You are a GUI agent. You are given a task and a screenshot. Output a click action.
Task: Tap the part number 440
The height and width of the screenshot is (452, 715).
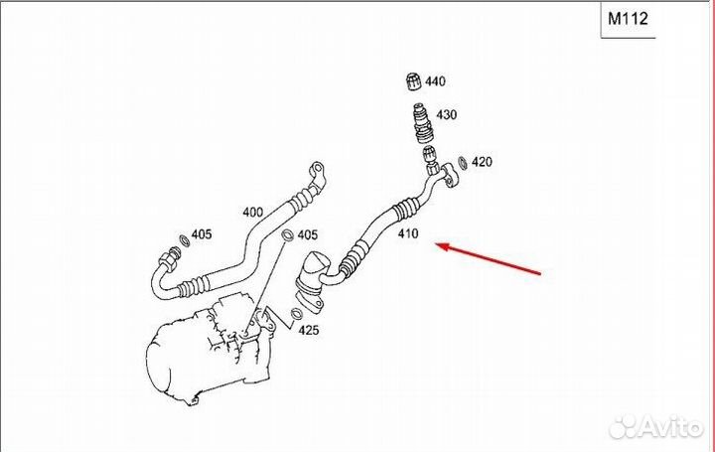[437, 81]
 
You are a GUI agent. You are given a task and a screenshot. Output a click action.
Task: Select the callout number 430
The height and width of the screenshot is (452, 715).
[447, 115]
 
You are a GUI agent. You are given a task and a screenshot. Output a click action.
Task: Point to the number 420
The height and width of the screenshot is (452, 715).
[482, 162]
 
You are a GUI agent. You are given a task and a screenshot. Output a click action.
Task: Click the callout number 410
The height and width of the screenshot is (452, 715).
[409, 235]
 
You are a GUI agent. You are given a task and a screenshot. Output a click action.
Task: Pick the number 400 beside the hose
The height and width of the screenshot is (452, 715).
[253, 212]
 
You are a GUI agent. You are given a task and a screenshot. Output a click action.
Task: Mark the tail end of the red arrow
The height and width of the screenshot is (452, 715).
[541, 271]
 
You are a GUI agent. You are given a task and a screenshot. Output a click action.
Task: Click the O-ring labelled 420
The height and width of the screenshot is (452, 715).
[462, 164]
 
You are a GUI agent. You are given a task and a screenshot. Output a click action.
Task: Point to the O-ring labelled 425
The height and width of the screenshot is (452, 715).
[297, 317]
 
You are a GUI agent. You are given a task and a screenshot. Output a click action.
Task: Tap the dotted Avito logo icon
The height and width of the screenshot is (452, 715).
[625, 427]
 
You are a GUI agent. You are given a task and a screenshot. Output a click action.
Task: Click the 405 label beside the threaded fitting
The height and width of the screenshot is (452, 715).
[202, 235]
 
